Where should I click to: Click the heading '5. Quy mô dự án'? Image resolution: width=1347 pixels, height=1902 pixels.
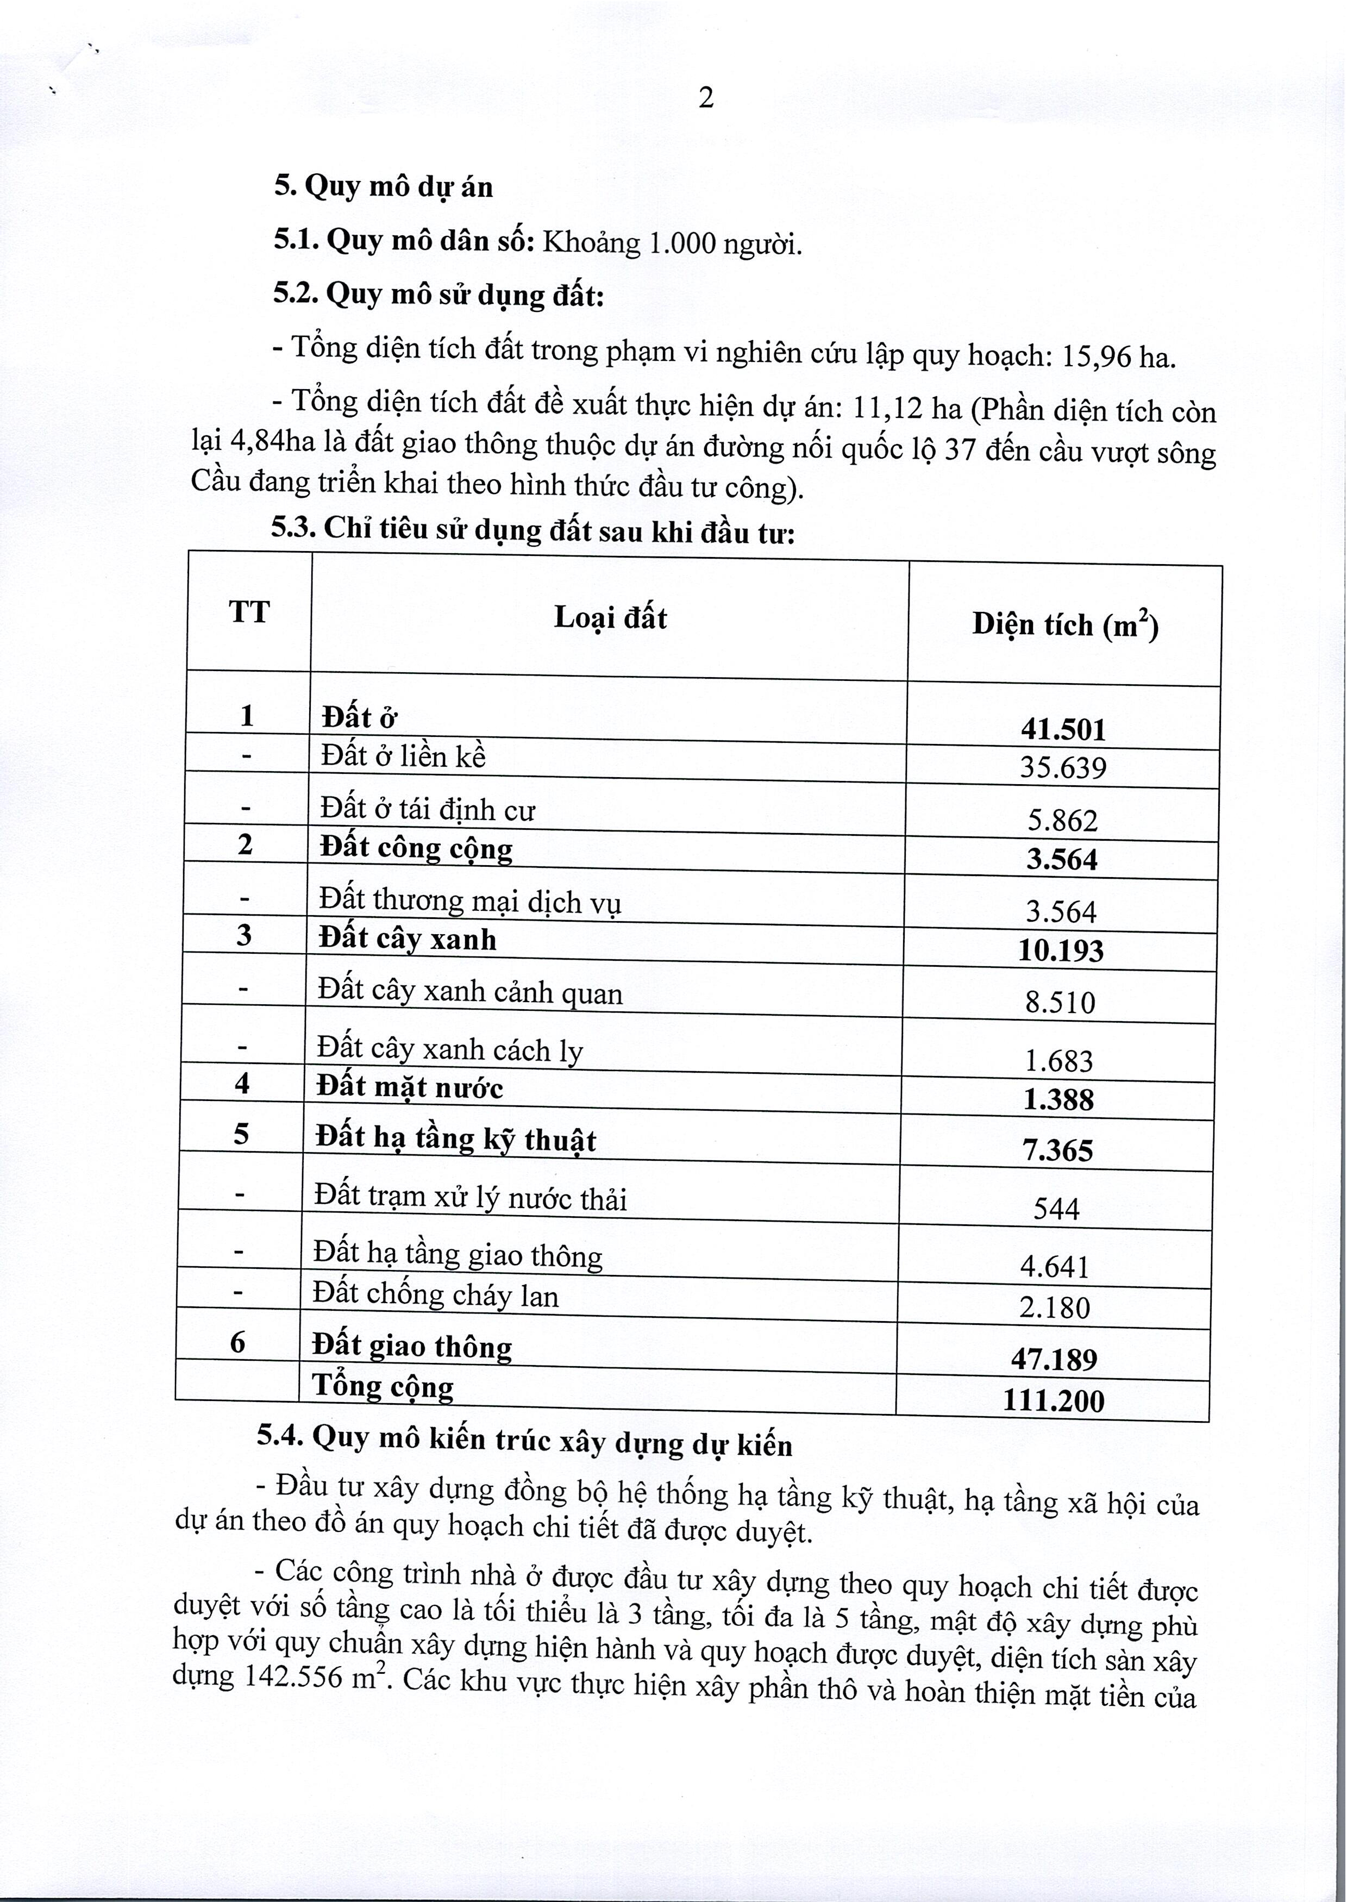(x=383, y=186)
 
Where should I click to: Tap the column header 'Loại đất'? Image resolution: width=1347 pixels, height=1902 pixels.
(x=610, y=618)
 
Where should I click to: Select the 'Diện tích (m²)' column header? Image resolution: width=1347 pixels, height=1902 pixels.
(x=1065, y=624)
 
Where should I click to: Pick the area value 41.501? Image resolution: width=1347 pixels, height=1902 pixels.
(x=1063, y=730)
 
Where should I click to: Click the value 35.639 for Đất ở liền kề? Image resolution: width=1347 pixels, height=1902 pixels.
(x=1063, y=767)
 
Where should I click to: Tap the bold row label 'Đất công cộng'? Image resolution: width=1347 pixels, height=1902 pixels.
(x=416, y=848)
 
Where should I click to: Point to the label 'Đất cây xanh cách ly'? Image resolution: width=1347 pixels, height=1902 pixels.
(x=449, y=1050)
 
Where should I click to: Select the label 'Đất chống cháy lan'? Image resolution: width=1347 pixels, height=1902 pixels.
(x=435, y=1295)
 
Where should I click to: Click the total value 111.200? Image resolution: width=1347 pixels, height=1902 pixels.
(x=1054, y=1401)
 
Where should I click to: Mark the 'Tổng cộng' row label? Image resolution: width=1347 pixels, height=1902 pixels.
(x=383, y=1386)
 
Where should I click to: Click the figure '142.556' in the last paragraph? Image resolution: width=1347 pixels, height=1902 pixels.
(x=293, y=1676)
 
